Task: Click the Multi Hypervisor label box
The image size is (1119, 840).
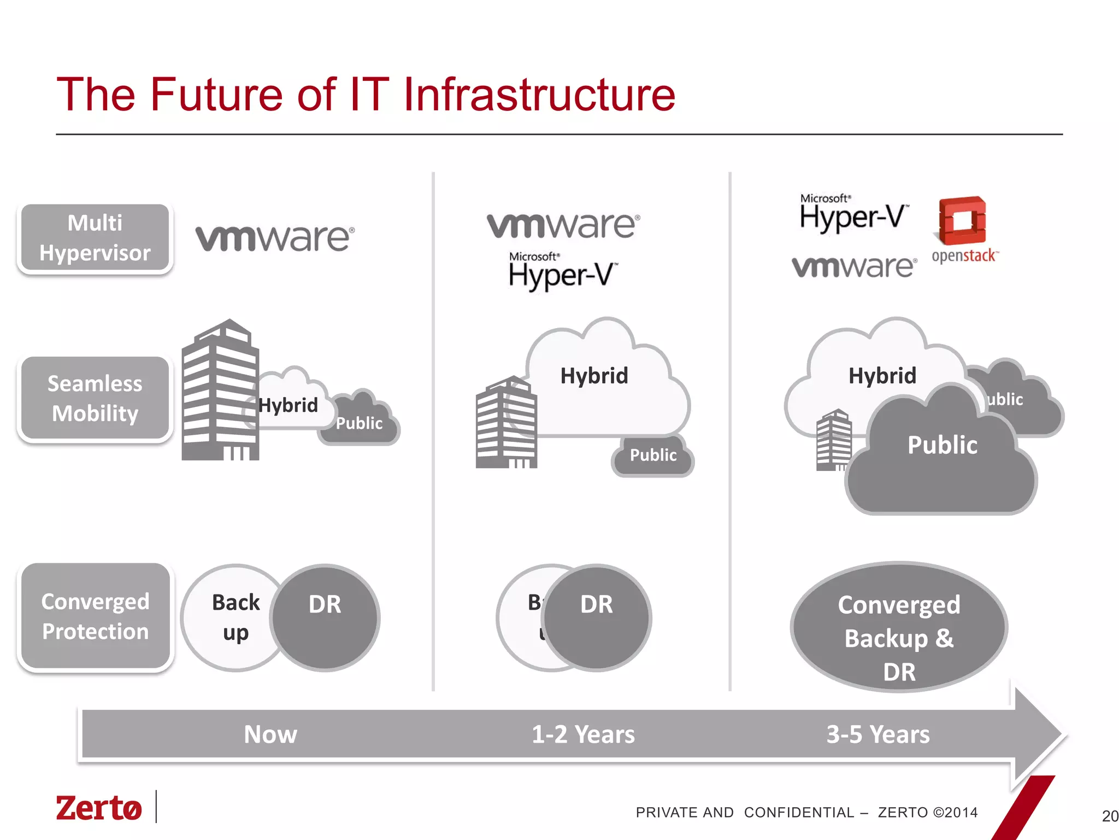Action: [95, 238]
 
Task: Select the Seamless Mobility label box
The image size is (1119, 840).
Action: [95, 398]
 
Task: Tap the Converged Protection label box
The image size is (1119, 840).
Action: [96, 616]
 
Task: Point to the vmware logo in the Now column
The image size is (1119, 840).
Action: [275, 238]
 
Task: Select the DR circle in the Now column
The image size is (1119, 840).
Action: [325, 617]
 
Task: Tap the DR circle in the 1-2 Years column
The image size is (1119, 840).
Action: [597, 617]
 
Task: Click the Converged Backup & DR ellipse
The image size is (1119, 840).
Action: [899, 627]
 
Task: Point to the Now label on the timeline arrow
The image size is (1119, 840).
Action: [270, 734]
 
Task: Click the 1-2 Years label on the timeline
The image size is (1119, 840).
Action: [583, 734]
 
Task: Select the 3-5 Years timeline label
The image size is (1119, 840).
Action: [877, 734]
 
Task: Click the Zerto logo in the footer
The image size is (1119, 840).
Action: [99, 808]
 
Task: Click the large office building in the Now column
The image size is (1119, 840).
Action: [220, 391]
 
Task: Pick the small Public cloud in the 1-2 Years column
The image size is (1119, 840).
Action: [653, 456]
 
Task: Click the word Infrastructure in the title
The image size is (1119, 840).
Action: [539, 95]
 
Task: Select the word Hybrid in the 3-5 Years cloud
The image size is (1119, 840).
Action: [882, 376]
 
